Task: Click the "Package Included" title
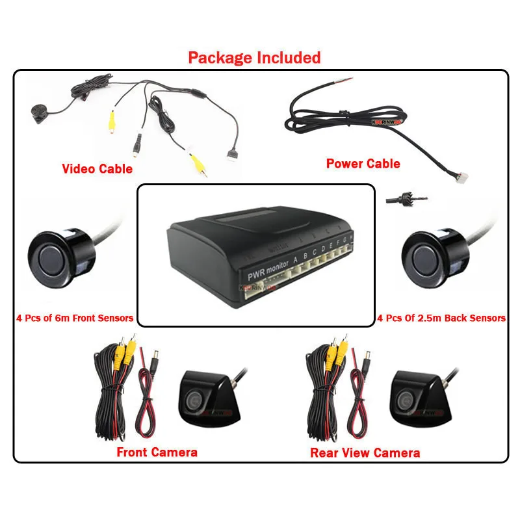coord(254,57)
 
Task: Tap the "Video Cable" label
coord(97,169)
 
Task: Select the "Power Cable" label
coord(363,163)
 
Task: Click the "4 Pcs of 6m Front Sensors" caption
coord(75,318)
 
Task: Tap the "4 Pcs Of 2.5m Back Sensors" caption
coord(441,318)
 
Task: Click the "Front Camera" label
coord(157,452)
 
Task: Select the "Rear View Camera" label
coord(365,452)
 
